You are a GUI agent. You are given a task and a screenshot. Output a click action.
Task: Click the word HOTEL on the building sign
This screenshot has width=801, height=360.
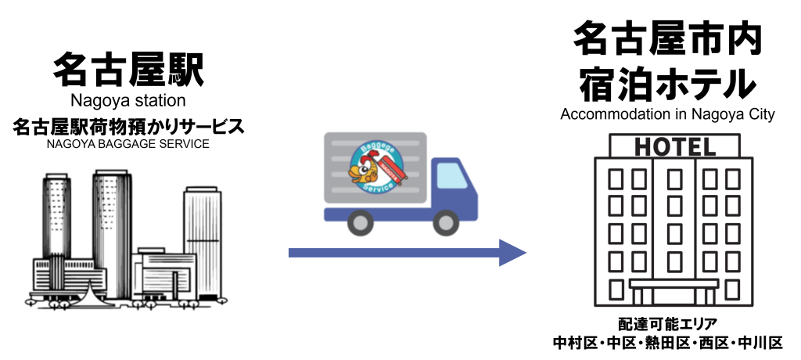[x=673, y=146]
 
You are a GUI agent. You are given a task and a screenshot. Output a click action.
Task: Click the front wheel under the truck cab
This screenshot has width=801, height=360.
[x=446, y=223]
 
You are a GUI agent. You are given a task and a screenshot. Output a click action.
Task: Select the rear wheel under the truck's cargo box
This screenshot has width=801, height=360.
[x=360, y=223]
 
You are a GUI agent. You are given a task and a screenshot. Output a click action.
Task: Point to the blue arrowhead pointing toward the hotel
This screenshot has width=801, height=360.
[x=512, y=253]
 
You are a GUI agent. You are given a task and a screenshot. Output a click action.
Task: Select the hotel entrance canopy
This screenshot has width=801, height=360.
[x=673, y=284]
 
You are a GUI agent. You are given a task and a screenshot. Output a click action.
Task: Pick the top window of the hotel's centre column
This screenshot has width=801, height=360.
[x=673, y=179]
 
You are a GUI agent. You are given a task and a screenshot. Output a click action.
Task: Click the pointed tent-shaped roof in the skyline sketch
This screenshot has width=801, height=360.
[x=94, y=291]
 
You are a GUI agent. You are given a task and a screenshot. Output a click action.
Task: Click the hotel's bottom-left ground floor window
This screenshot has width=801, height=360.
[x=616, y=288]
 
